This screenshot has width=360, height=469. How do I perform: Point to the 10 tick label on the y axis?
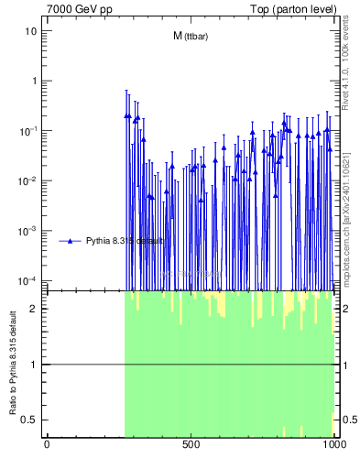click(31, 30)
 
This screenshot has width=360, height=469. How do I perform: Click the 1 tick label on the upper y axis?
click(34, 81)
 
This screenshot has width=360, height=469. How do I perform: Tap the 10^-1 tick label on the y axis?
click(28, 130)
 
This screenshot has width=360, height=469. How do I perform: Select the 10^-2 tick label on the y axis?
click(28, 180)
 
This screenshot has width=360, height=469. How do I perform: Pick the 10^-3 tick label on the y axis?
click(28, 230)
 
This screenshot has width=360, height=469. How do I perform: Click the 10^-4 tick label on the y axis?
click(28, 280)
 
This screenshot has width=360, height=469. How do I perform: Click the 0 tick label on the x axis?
click(47, 446)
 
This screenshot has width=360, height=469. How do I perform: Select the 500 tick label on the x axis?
click(191, 446)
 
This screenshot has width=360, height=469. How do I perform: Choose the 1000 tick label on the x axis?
click(333, 446)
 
